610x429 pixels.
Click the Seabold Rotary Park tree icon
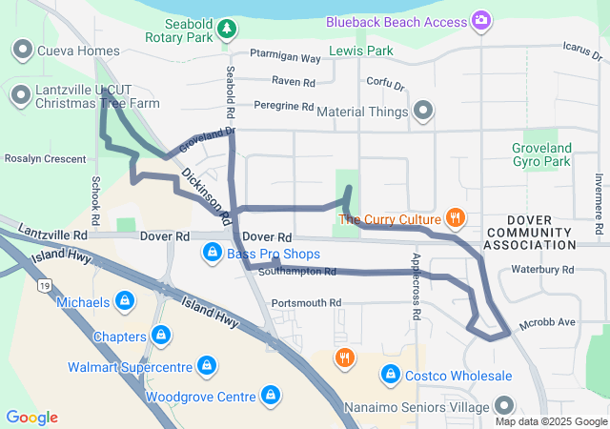click(x=227, y=31)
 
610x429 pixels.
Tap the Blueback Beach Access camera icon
click(x=482, y=20)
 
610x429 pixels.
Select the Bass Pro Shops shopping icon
click(x=212, y=254)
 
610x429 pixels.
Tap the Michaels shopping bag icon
click(x=124, y=302)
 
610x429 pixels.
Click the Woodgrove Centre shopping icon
click(x=271, y=397)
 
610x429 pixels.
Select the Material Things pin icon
click(x=424, y=112)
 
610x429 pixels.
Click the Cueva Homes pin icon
click(x=21, y=50)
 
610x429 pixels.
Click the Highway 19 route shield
click(x=44, y=284)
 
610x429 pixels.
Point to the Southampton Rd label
click(x=297, y=272)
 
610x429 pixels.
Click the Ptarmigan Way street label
click(x=285, y=58)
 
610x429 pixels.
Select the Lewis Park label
click(x=360, y=50)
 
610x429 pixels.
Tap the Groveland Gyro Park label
click(x=541, y=154)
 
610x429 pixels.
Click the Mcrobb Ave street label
click(x=547, y=323)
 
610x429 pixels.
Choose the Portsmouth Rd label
click(x=306, y=303)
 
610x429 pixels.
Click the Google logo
click(x=32, y=418)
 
